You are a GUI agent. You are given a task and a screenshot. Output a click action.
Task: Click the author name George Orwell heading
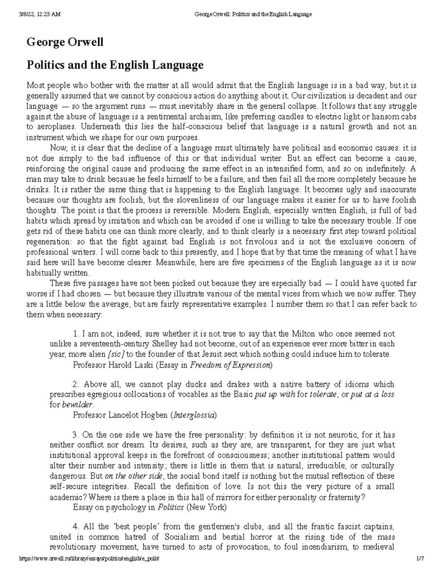click(65, 42)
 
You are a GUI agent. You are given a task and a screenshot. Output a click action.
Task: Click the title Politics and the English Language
click(114, 65)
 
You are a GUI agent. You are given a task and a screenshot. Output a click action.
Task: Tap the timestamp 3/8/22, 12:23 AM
click(39, 14)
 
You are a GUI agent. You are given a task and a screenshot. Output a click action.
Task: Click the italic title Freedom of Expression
click(230, 365)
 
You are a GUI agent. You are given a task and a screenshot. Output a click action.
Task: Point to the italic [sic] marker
click(116, 354)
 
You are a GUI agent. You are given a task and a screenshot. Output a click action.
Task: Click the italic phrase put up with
click(275, 394)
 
